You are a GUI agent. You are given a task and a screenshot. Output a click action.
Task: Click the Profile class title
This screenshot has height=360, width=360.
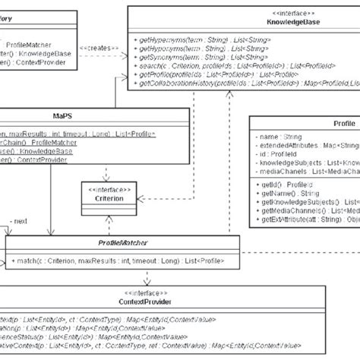[x=343, y=123]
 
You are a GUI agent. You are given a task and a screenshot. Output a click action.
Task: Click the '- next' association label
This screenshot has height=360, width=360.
[x=17, y=221]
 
